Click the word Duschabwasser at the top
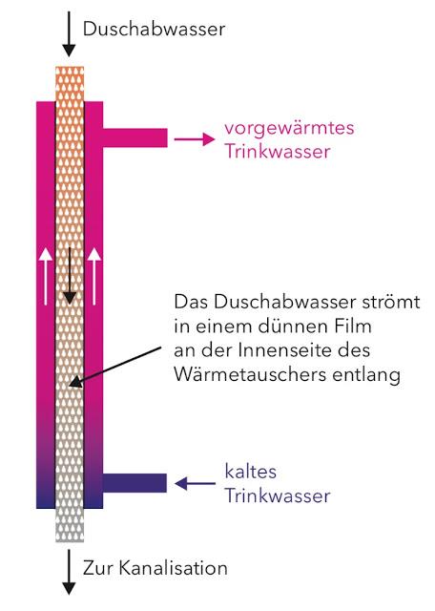pyautogui.click(x=155, y=29)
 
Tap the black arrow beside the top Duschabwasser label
pyautogui.click(x=69, y=34)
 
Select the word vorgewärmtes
pyautogui.click(x=289, y=128)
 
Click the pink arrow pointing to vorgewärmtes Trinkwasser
pyautogui.click(x=195, y=139)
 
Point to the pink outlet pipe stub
pyautogui.click(x=135, y=137)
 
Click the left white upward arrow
pyautogui.click(x=46, y=276)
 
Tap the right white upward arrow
pyautogui.click(x=93, y=276)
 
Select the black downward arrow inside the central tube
pyautogui.click(x=70, y=275)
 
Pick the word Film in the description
pyautogui.click(x=353, y=327)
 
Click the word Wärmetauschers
pyautogui.click(x=250, y=375)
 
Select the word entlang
pyautogui.click(x=366, y=375)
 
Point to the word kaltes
pyautogui.click(x=251, y=472)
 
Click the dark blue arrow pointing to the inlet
pyautogui.click(x=195, y=484)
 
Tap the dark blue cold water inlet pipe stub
pyautogui.click(x=135, y=483)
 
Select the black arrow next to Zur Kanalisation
pyautogui.click(x=69, y=572)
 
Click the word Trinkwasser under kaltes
pyautogui.click(x=278, y=496)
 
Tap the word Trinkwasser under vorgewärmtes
pyautogui.click(x=278, y=152)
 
